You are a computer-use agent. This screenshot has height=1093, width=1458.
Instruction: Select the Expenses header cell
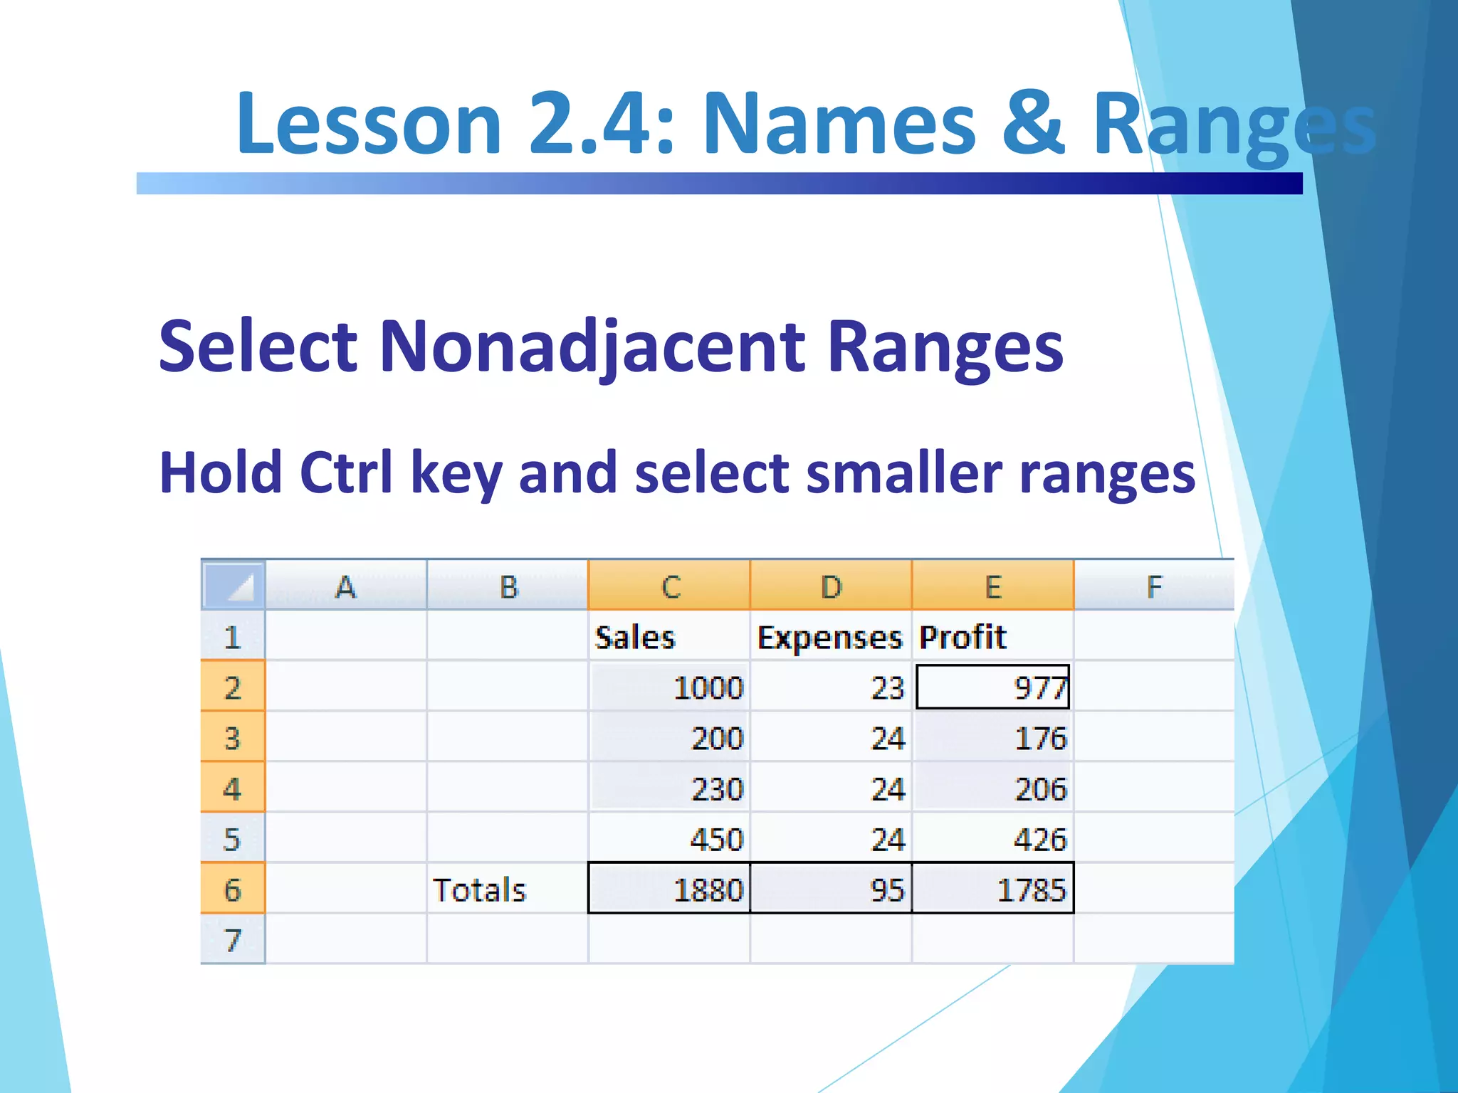tap(830, 636)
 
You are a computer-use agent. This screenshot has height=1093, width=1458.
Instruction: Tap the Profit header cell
tap(992, 636)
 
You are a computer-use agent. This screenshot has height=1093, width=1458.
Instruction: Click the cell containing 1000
tap(669, 687)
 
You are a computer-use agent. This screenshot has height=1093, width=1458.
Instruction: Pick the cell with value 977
tap(992, 687)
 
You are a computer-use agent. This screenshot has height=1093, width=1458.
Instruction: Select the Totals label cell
tap(507, 889)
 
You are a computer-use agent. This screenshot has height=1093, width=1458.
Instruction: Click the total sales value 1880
tap(669, 889)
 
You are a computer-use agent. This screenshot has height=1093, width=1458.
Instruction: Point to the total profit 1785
tap(992, 889)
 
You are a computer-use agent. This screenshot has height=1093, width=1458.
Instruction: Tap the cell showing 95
tap(831, 889)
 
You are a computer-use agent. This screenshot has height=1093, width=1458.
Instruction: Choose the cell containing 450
tap(669, 839)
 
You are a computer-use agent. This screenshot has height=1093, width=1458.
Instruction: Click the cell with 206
tap(992, 788)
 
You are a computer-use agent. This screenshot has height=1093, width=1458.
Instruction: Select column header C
tap(669, 586)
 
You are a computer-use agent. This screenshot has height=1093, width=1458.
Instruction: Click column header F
tap(1153, 586)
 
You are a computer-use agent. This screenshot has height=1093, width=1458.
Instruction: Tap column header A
tap(346, 586)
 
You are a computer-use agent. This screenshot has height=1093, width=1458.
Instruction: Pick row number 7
tap(233, 940)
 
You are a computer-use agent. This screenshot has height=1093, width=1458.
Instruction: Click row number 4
tap(233, 788)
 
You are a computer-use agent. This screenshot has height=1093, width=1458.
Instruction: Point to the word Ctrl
tap(347, 472)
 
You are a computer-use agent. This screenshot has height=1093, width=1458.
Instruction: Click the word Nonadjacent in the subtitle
tap(592, 347)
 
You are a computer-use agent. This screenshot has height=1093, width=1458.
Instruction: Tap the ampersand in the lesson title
tap(1033, 122)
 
